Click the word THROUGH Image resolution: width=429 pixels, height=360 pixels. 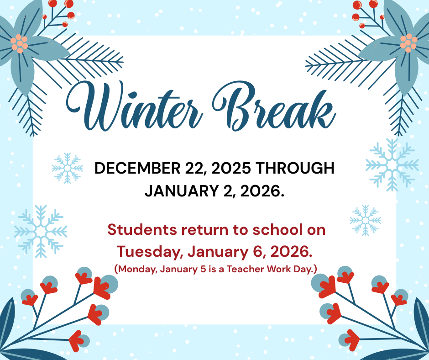click(295, 168)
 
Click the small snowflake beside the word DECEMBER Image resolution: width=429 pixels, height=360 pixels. click(68, 168)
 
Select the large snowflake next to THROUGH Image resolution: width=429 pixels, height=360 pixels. click(392, 165)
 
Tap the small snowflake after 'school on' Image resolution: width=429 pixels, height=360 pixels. click(365, 220)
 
